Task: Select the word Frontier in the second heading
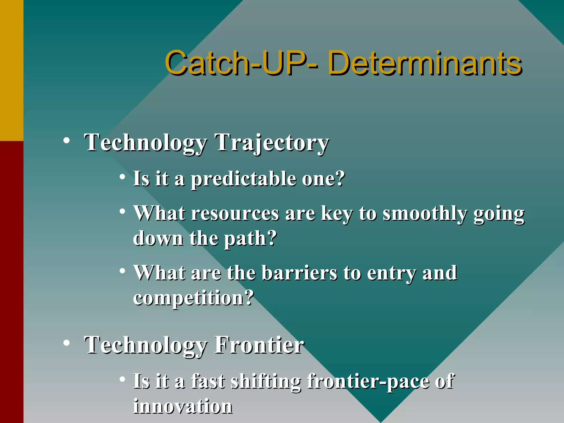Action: click(259, 345)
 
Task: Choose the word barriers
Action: click(299, 273)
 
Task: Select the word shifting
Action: click(266, 382)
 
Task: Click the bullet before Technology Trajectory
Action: click(66, 141)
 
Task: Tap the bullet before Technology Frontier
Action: click(66, 343)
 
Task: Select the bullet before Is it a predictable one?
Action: click(122, 177)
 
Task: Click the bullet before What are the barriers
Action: click(122, 271)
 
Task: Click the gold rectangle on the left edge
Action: click(12, 70)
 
